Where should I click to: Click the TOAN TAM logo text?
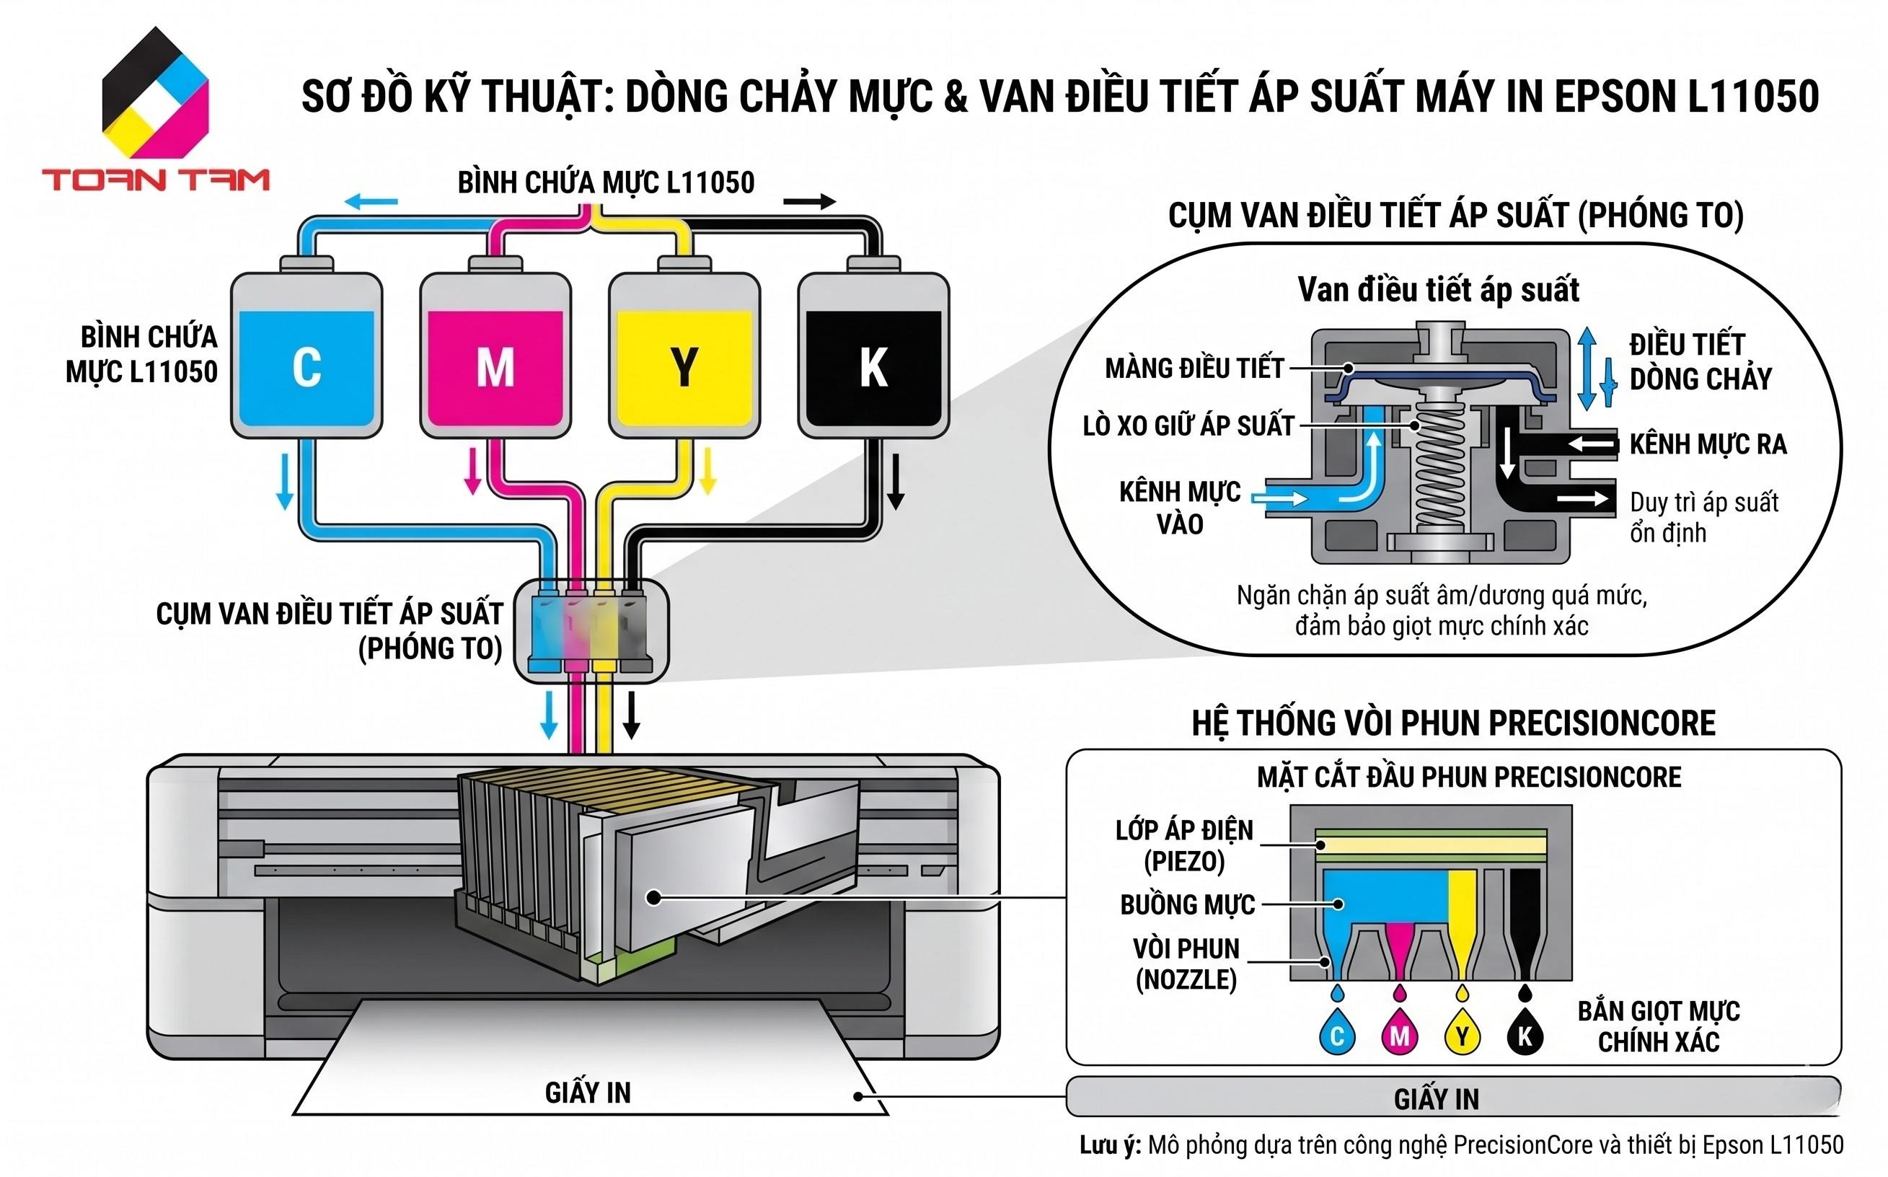(156, 180)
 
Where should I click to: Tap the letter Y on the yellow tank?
(684, 366)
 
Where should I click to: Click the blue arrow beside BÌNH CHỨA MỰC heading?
(371, 203)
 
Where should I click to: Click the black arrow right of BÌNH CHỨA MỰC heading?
(809, 203)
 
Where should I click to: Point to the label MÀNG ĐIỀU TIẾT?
(1194, 369)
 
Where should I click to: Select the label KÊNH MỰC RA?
(1708, 444)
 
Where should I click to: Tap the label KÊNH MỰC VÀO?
(1180, 508)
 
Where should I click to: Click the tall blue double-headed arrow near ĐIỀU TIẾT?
(1587, 369)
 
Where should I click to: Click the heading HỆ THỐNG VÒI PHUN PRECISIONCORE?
(1453, 723)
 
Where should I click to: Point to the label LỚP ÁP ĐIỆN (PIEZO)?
(1184, 845)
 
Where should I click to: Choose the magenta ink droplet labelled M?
(1399, 1034)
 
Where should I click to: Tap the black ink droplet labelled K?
(1525, 1034)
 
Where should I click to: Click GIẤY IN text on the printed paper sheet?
(588, 1093)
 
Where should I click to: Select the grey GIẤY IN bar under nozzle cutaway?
(1452, 1098)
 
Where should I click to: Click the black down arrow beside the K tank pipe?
(896, 481)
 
